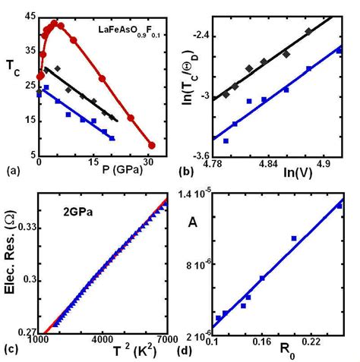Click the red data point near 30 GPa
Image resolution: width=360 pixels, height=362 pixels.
pyautogui.click(x=151, y=145)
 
